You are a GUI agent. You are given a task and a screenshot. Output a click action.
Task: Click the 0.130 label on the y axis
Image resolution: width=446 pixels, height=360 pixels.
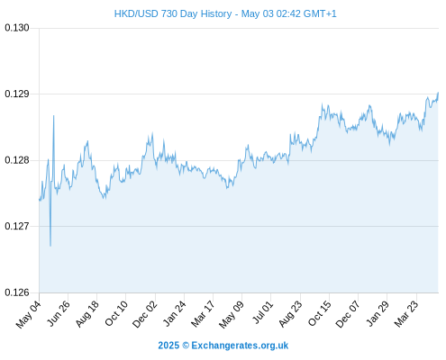click(x=17, y=28)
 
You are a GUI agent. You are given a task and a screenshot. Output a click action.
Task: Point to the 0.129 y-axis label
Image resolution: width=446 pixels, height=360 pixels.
click(x=17, y=94)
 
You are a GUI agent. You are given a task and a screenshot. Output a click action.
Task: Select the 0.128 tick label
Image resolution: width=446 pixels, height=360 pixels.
click(x=17, y=160)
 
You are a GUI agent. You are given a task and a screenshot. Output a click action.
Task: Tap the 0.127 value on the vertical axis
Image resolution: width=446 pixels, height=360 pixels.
click(x=17, y=226)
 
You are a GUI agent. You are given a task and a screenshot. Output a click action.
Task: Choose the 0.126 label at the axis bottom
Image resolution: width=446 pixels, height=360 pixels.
click(x=17, y=292)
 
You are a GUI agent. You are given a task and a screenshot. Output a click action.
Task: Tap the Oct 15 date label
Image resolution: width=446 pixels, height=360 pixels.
click(x=320, y=313)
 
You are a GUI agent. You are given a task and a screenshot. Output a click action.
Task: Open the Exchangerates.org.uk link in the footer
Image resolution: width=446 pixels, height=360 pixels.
click(x=240, y=346)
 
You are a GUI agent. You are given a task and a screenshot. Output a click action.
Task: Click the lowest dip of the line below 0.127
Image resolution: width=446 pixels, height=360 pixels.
click(x=50, y=246)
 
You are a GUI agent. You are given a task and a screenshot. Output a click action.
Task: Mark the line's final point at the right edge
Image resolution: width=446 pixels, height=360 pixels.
click(x=438, y=93)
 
